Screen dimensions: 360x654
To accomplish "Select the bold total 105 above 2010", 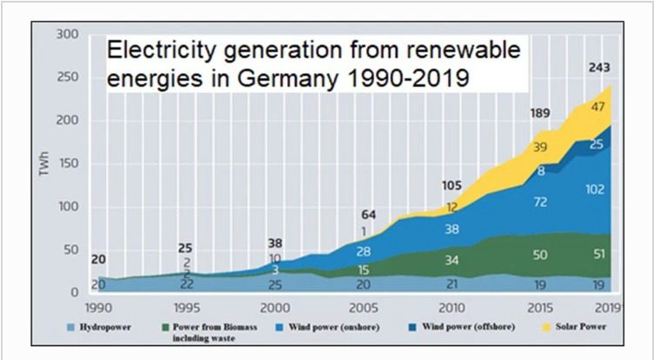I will click(x=450, y=186).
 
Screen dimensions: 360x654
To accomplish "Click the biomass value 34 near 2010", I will click(x=451, y=260).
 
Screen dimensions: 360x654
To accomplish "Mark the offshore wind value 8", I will click(x=541, y=170).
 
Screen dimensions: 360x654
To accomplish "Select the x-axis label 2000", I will click(x=276, y=309).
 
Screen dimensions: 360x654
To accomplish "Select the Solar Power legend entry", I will click(x=576, y=327).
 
